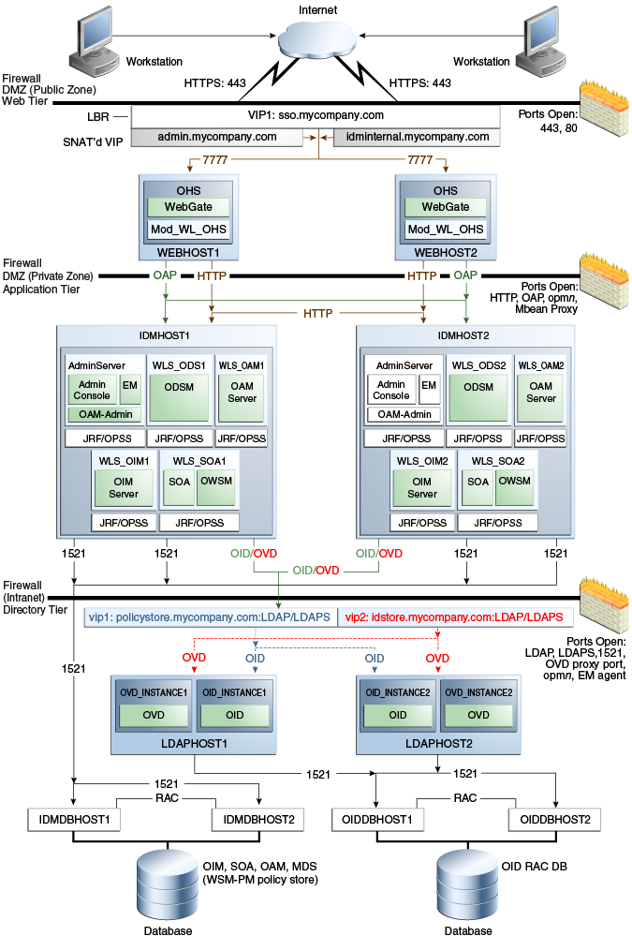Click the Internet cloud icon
(316, 42)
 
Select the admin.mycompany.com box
(217, 137)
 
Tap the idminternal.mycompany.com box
(417, 137)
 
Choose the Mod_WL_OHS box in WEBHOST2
(445, 230)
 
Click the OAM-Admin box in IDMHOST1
(103, 414)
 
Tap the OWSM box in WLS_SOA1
(217, 487)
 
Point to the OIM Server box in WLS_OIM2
(422, 487)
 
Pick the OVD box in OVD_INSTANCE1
(154, 716)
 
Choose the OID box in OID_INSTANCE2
(397, 715)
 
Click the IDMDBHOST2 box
(259, 819)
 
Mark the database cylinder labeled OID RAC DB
(466, 881)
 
